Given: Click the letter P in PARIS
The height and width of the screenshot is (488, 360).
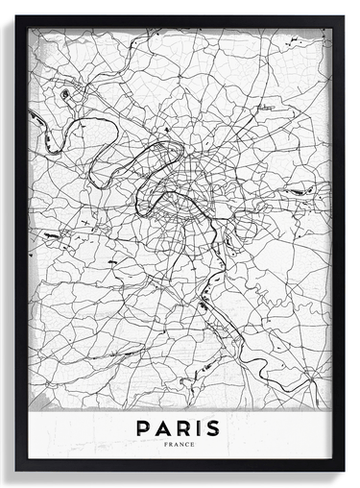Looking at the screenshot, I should (x=143, y=427).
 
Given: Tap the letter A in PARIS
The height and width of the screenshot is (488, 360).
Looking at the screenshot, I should (x=163, y=427).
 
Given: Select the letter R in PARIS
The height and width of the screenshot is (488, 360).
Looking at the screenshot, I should (x=183, y=427).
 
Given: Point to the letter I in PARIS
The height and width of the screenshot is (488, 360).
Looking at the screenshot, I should (x=199, y=427).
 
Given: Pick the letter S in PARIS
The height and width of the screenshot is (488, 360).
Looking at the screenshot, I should (x=213, y=427).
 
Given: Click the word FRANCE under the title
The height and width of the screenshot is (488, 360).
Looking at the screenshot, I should (x=179, y=445).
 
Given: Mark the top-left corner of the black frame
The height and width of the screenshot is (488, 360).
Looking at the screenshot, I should (x=16, y=16).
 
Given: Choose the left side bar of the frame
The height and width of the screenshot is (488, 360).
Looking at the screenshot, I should (x=21, y=240).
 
